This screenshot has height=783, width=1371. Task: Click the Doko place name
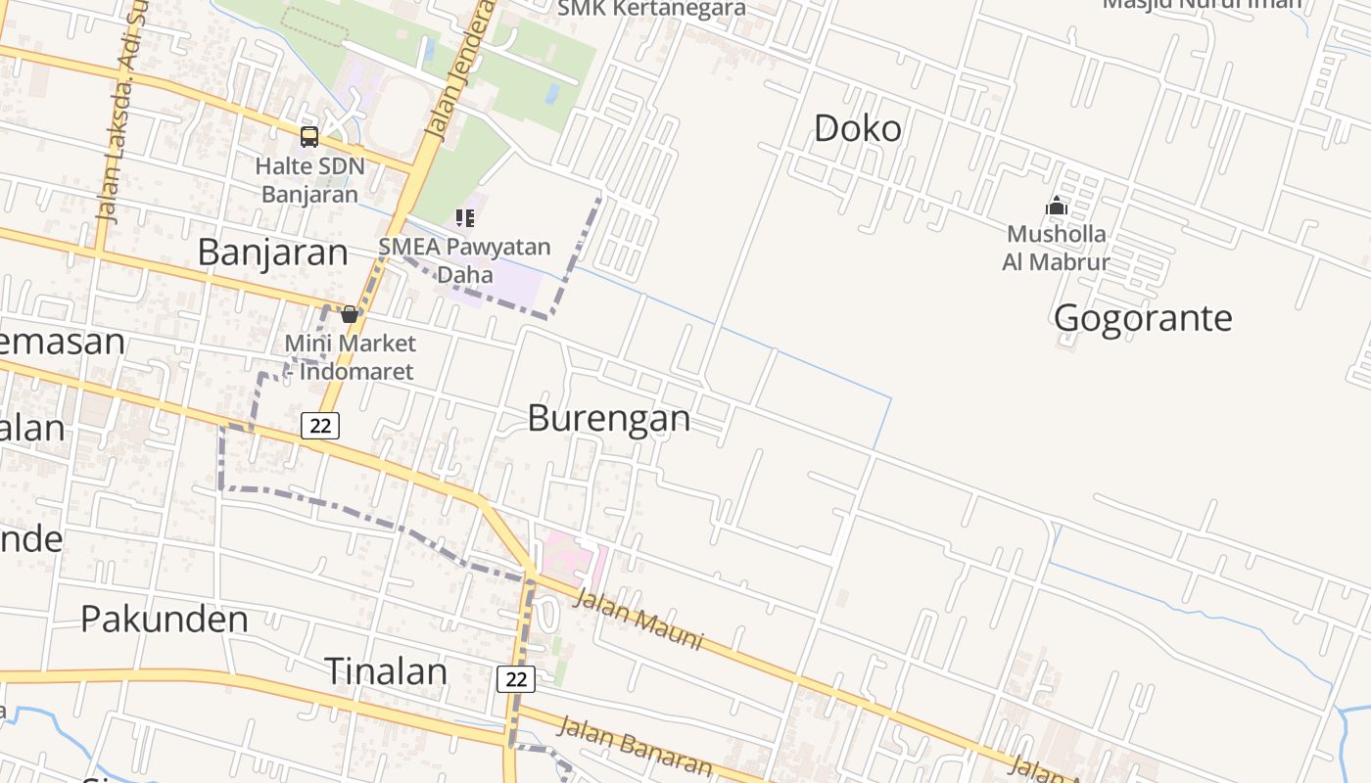858,128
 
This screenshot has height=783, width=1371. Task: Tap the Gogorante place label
1143,318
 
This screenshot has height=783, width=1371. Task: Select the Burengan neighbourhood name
609,418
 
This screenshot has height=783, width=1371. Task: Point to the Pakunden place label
164,619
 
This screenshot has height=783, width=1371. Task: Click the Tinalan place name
385,671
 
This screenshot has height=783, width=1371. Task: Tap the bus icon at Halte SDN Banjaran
309,137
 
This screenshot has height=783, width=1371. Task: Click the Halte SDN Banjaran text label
309,180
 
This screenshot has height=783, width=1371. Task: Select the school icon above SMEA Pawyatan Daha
465,217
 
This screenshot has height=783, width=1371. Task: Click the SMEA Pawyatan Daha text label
465,260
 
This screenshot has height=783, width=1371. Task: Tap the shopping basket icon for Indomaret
349,314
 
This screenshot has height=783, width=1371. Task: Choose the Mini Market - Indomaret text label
350,357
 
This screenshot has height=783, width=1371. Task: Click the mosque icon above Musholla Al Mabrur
1056,207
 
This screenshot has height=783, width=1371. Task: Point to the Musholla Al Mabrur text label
1056,249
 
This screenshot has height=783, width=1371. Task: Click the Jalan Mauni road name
638,619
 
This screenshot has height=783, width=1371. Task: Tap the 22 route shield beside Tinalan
516,679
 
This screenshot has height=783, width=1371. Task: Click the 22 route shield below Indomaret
320,426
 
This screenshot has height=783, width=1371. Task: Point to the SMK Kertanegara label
651,9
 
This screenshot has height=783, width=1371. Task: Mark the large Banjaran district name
272,253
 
